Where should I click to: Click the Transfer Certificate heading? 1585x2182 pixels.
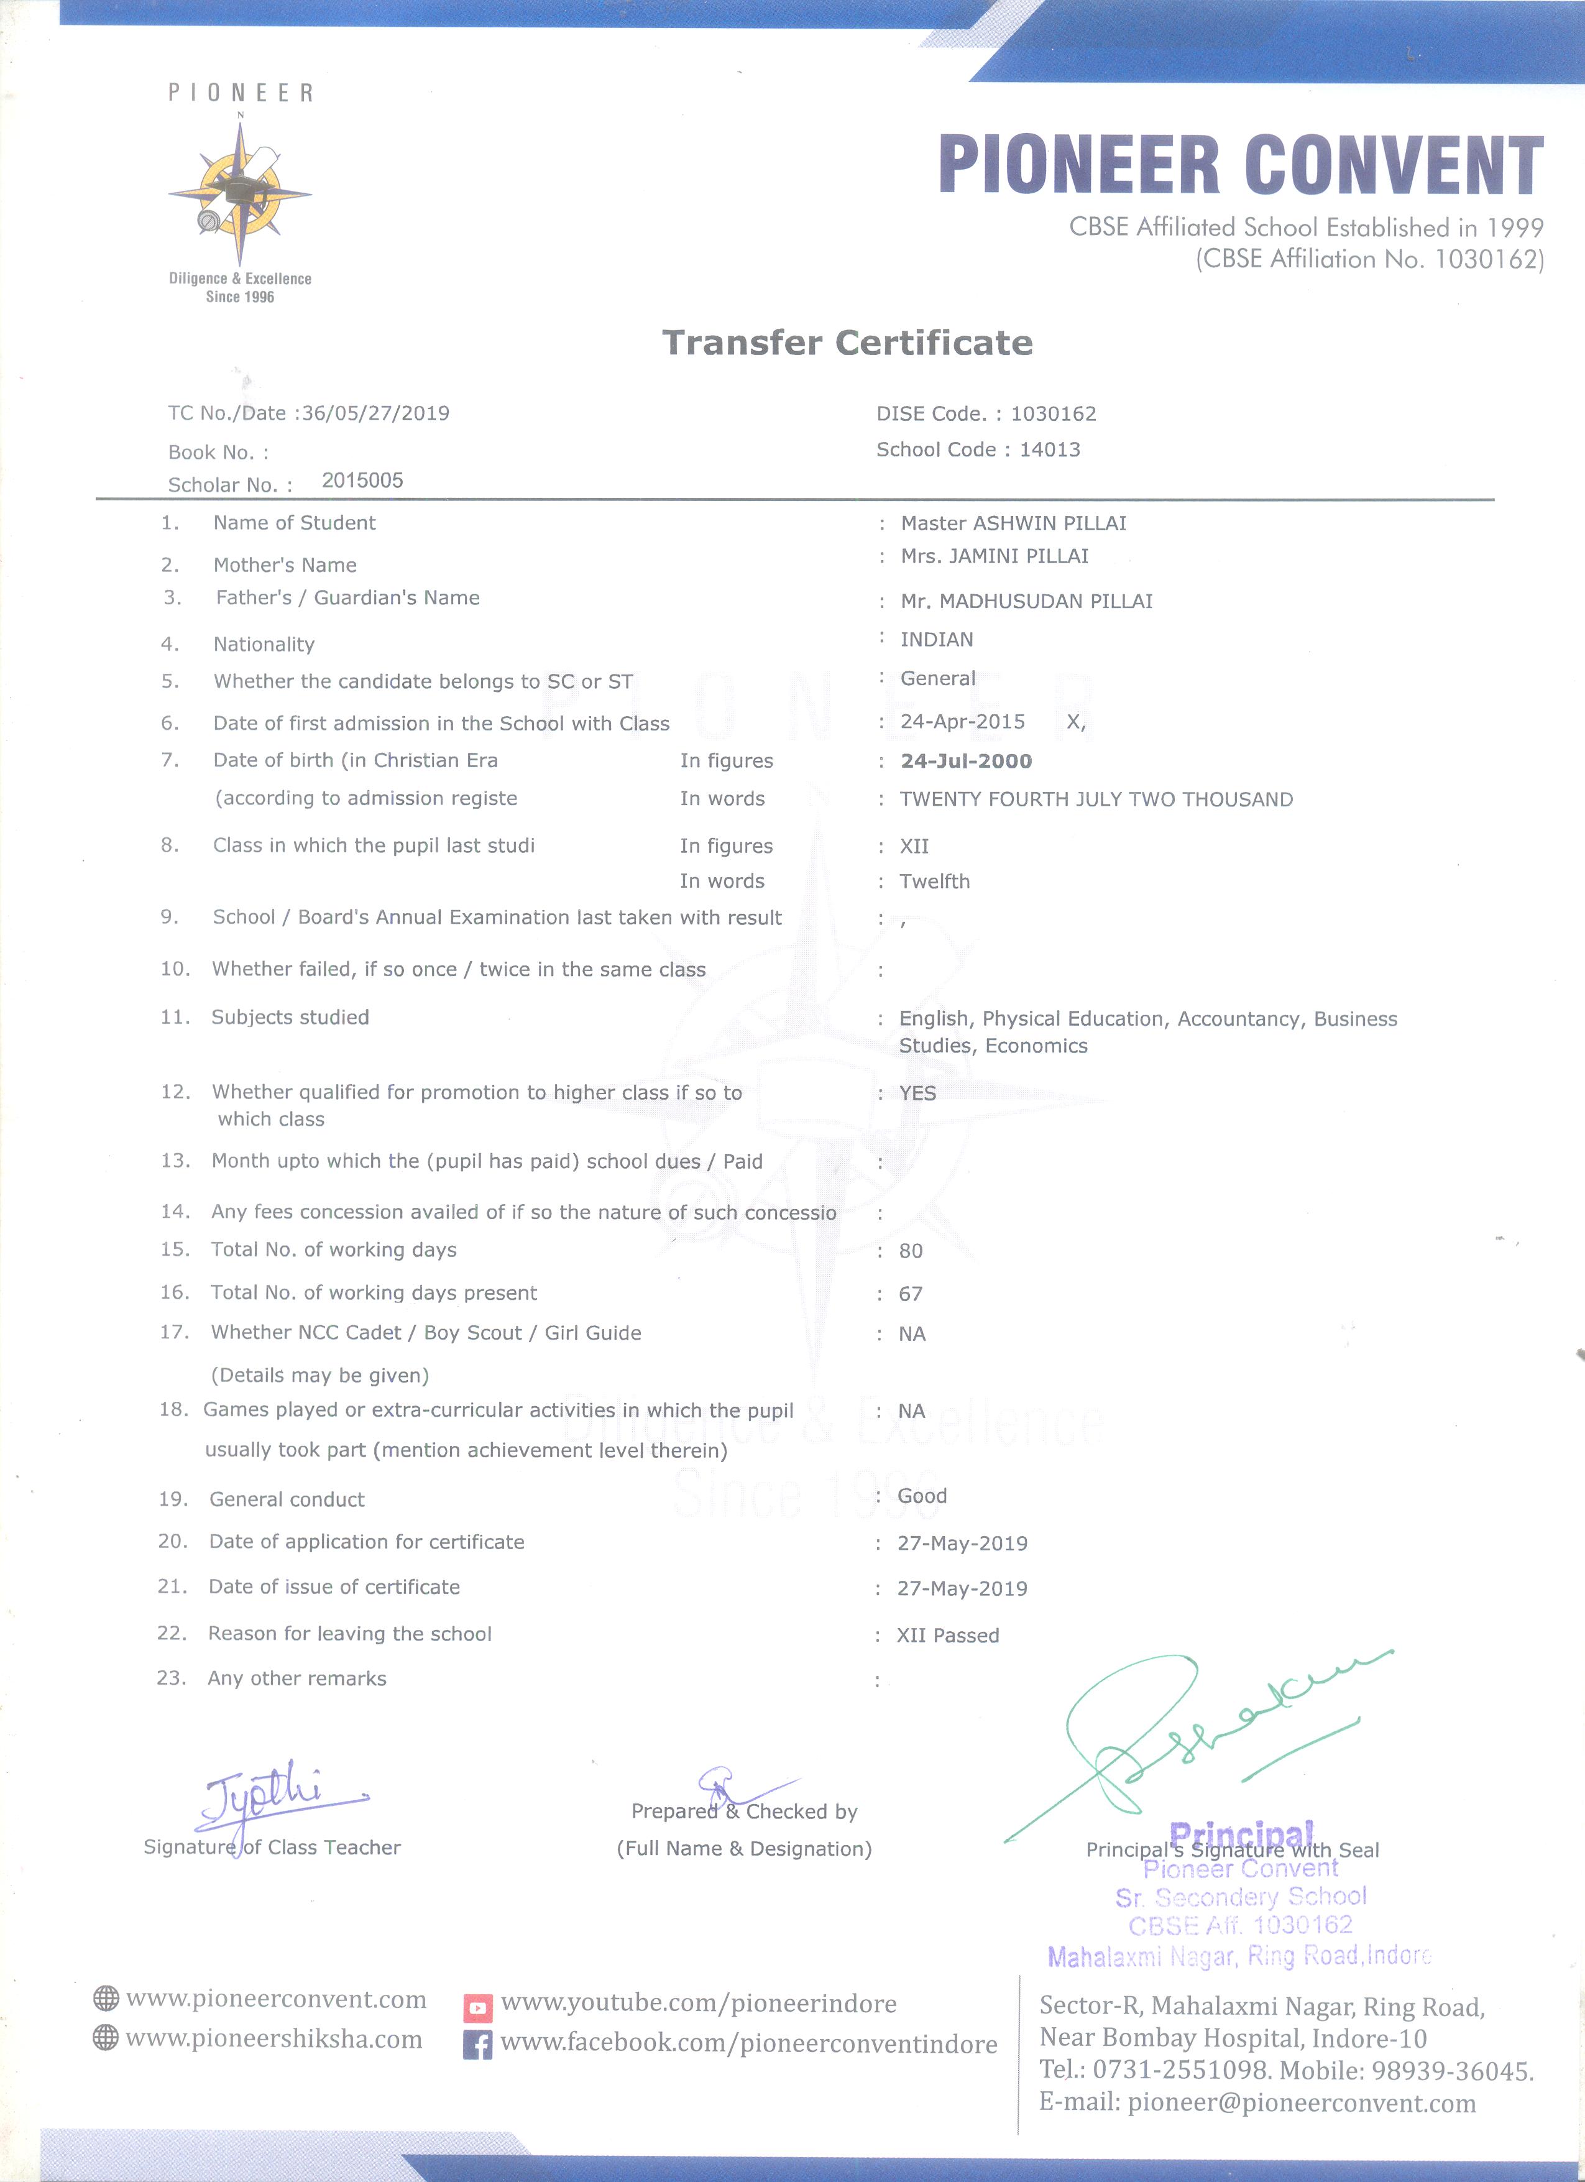click(x=847, y=343)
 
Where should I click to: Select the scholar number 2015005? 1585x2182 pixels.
click(x=362, y=480)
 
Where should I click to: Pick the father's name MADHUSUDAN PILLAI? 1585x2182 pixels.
click(x=1045, y=601)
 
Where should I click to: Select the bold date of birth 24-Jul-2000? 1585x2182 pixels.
click(x=966, y=761)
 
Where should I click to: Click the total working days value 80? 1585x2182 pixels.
click(x=911, y=1251)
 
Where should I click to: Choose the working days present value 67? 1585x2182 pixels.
click(x=911, y=1294)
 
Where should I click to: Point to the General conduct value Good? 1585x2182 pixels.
click(x=922, y=1496)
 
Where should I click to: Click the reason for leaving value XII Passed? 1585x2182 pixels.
click(x=947, y=1636)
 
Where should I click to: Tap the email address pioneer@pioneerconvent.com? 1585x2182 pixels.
click(x=1302, y=2103)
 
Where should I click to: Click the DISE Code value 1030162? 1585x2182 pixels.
click(x=1053, y=413)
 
